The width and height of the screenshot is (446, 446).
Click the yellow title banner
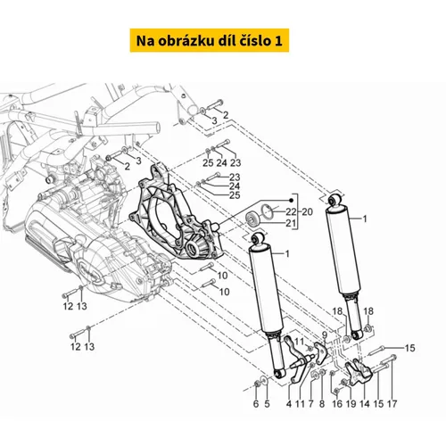[x=210, y=40]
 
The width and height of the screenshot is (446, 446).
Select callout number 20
[x=308, y=212]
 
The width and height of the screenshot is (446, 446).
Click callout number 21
[x=291, y=223]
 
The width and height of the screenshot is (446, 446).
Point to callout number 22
[x=291, y=212]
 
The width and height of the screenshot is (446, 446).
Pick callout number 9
[x=325, y=335]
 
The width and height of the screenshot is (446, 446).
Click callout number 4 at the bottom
[x=289, y=404]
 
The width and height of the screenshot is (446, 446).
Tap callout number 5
[x=267, y=404]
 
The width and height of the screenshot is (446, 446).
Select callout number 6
[x=256, y=404]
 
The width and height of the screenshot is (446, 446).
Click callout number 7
[x=311, y=404]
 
